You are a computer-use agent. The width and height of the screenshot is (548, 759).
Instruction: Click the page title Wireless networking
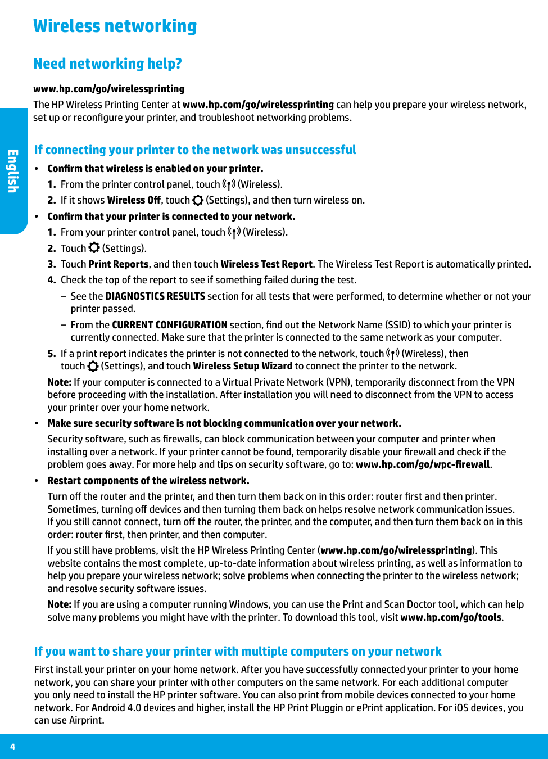click(x=115, y=26)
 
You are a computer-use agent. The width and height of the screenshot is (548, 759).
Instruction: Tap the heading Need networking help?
click(x=107, y=64)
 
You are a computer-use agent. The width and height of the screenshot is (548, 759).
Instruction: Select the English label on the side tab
click(x=12, y=171)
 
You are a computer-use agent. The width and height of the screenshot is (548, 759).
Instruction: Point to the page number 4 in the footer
click(x=12, y=747)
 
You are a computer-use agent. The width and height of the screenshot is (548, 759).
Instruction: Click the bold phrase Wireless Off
click(x=134, y=200)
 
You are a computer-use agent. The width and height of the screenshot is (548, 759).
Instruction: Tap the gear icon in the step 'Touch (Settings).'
click(x=94, y=248)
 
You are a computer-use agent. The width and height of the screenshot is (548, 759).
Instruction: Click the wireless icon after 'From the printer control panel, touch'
click(x=229, y=184)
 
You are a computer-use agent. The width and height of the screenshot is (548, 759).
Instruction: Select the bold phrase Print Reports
click(x=119, y=264)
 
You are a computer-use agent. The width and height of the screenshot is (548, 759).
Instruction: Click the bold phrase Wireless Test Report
click(x=266, y=264)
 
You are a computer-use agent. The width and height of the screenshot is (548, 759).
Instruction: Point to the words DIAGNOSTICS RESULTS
click(x=155, y=296)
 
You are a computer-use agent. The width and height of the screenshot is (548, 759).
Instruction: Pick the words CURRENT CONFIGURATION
click(x=170, y=325)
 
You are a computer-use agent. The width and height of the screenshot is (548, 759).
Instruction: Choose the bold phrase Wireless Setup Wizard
click(x=243, y=366)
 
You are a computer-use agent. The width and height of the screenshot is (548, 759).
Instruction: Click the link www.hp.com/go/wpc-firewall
click(x=423, y=464)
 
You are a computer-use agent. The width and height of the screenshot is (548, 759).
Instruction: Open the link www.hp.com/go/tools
click(x=451, y=617)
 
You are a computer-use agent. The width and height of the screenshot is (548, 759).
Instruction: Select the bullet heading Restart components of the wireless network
click(x=148, y=481)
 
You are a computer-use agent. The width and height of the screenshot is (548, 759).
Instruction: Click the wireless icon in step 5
click(x=393, y=354)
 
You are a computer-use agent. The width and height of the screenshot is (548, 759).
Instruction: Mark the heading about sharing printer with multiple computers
click(x=238, y=652)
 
